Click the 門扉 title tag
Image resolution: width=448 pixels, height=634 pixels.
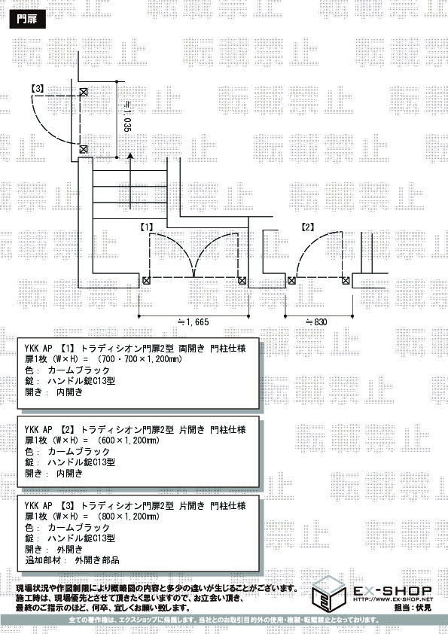pos(28,19)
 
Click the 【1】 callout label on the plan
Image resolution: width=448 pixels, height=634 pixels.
pos(147,227)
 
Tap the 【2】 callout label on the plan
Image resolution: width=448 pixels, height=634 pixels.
pos(308,227)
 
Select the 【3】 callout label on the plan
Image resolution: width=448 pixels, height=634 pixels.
pos(38,88)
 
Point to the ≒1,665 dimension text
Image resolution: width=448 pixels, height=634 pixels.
pos(194,322)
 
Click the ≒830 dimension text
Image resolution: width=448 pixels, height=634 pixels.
pos(315,322)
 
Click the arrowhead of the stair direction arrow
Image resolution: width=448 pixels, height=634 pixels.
pos(130,157)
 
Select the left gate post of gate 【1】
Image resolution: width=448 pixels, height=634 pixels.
pos(146,280)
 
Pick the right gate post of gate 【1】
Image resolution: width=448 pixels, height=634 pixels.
pos(242,280)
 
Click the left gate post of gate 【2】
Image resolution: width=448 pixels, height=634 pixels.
pos(291,280)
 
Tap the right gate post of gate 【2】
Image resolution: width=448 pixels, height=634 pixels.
pos(346,280)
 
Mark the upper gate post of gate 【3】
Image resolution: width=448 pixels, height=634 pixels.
pos(84,92)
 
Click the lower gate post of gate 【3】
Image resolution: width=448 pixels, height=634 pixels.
pos(84,149)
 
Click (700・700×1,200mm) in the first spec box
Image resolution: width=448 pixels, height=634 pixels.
pos(140,359)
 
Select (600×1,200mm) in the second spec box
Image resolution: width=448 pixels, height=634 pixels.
pos(129,440)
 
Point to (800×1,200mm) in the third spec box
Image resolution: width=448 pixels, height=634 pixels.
pos(129,517)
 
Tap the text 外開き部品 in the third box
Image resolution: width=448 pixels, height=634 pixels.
pos(97,560)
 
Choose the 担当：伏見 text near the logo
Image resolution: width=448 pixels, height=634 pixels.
pos(413,608)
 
